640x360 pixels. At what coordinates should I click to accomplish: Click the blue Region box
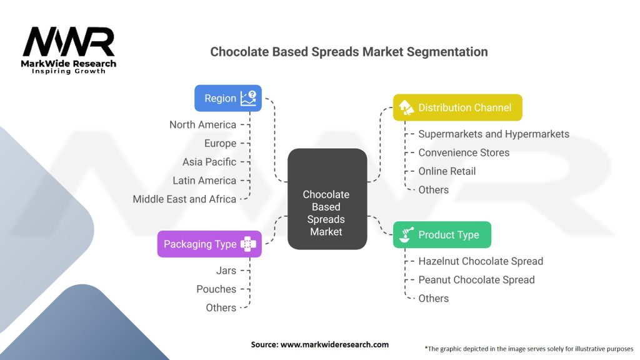[x=227, y=98]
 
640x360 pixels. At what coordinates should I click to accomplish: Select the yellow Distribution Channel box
[x=457, y=107]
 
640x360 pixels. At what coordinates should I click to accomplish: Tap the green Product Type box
[x=441, y=234]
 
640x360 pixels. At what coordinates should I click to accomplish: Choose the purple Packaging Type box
[x=209, y=244]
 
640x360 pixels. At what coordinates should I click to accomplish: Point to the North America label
[x=202, y=124]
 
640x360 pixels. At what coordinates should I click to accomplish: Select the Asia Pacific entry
[x=209, y=162]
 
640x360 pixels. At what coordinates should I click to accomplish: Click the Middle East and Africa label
[x=184, y=199]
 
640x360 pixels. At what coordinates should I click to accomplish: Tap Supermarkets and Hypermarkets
[x=494, y=134]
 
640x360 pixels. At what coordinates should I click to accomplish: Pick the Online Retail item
[x=447, y=171]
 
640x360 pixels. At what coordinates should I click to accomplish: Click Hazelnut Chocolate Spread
[x=481, y=261]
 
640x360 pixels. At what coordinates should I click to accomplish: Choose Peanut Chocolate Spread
[x=476, y=280]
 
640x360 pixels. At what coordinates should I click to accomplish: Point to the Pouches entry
[x=216, y=289]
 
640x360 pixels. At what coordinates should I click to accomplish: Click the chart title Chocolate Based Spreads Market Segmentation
[x=349, y=52]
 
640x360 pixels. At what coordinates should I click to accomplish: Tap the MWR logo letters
[x=69, y=42]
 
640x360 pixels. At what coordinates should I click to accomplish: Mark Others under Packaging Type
[x=221, y=307]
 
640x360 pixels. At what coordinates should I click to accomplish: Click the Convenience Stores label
[x=464, y=152]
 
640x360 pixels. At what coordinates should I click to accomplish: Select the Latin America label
[x=204, y=181]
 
